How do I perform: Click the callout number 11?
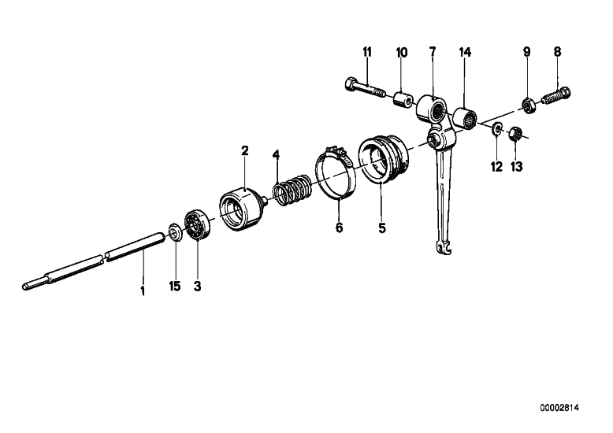coord(367,52)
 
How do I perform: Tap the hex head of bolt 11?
coord(351,83)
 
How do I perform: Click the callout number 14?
coord(465,52)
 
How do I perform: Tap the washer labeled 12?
coord(497,128)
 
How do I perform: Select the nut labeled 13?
coord(515,134)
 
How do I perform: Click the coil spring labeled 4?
coord(292,189)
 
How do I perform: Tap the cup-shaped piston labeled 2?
coord(242,209)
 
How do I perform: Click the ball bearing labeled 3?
coord(197,224)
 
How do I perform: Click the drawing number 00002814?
coord(559,408)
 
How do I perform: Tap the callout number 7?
coord(433,52)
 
